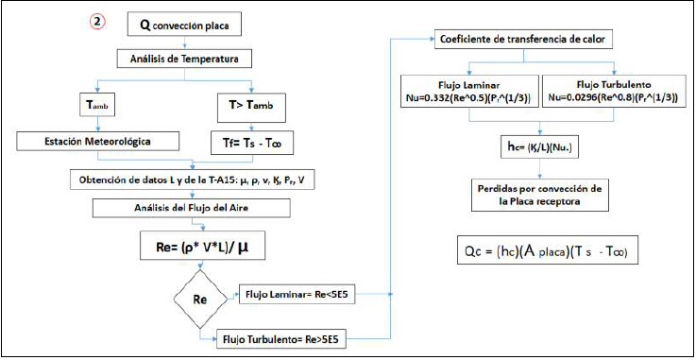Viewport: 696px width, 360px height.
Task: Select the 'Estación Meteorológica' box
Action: (98, 142)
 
